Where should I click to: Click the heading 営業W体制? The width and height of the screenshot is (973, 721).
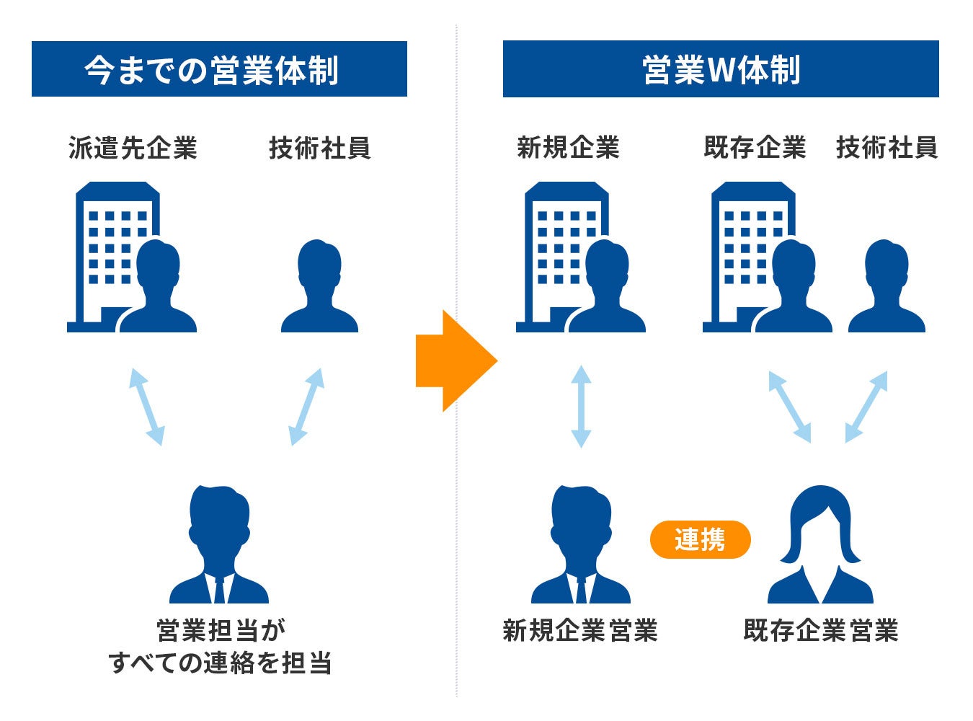point(721,69)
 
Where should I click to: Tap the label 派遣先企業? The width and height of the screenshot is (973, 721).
point(133,148)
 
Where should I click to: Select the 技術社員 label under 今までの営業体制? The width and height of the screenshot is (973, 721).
point(319,148)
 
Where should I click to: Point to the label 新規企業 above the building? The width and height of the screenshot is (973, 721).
point(568,148)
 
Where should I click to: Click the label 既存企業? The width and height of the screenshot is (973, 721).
point(755,148)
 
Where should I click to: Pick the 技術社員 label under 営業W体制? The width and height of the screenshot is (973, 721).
point(887,148)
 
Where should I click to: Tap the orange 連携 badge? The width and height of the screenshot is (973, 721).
point(700,539)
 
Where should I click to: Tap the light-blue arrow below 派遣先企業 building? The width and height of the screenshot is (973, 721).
point(146,407)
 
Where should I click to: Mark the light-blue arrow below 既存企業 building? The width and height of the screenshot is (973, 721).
point(789,407)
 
